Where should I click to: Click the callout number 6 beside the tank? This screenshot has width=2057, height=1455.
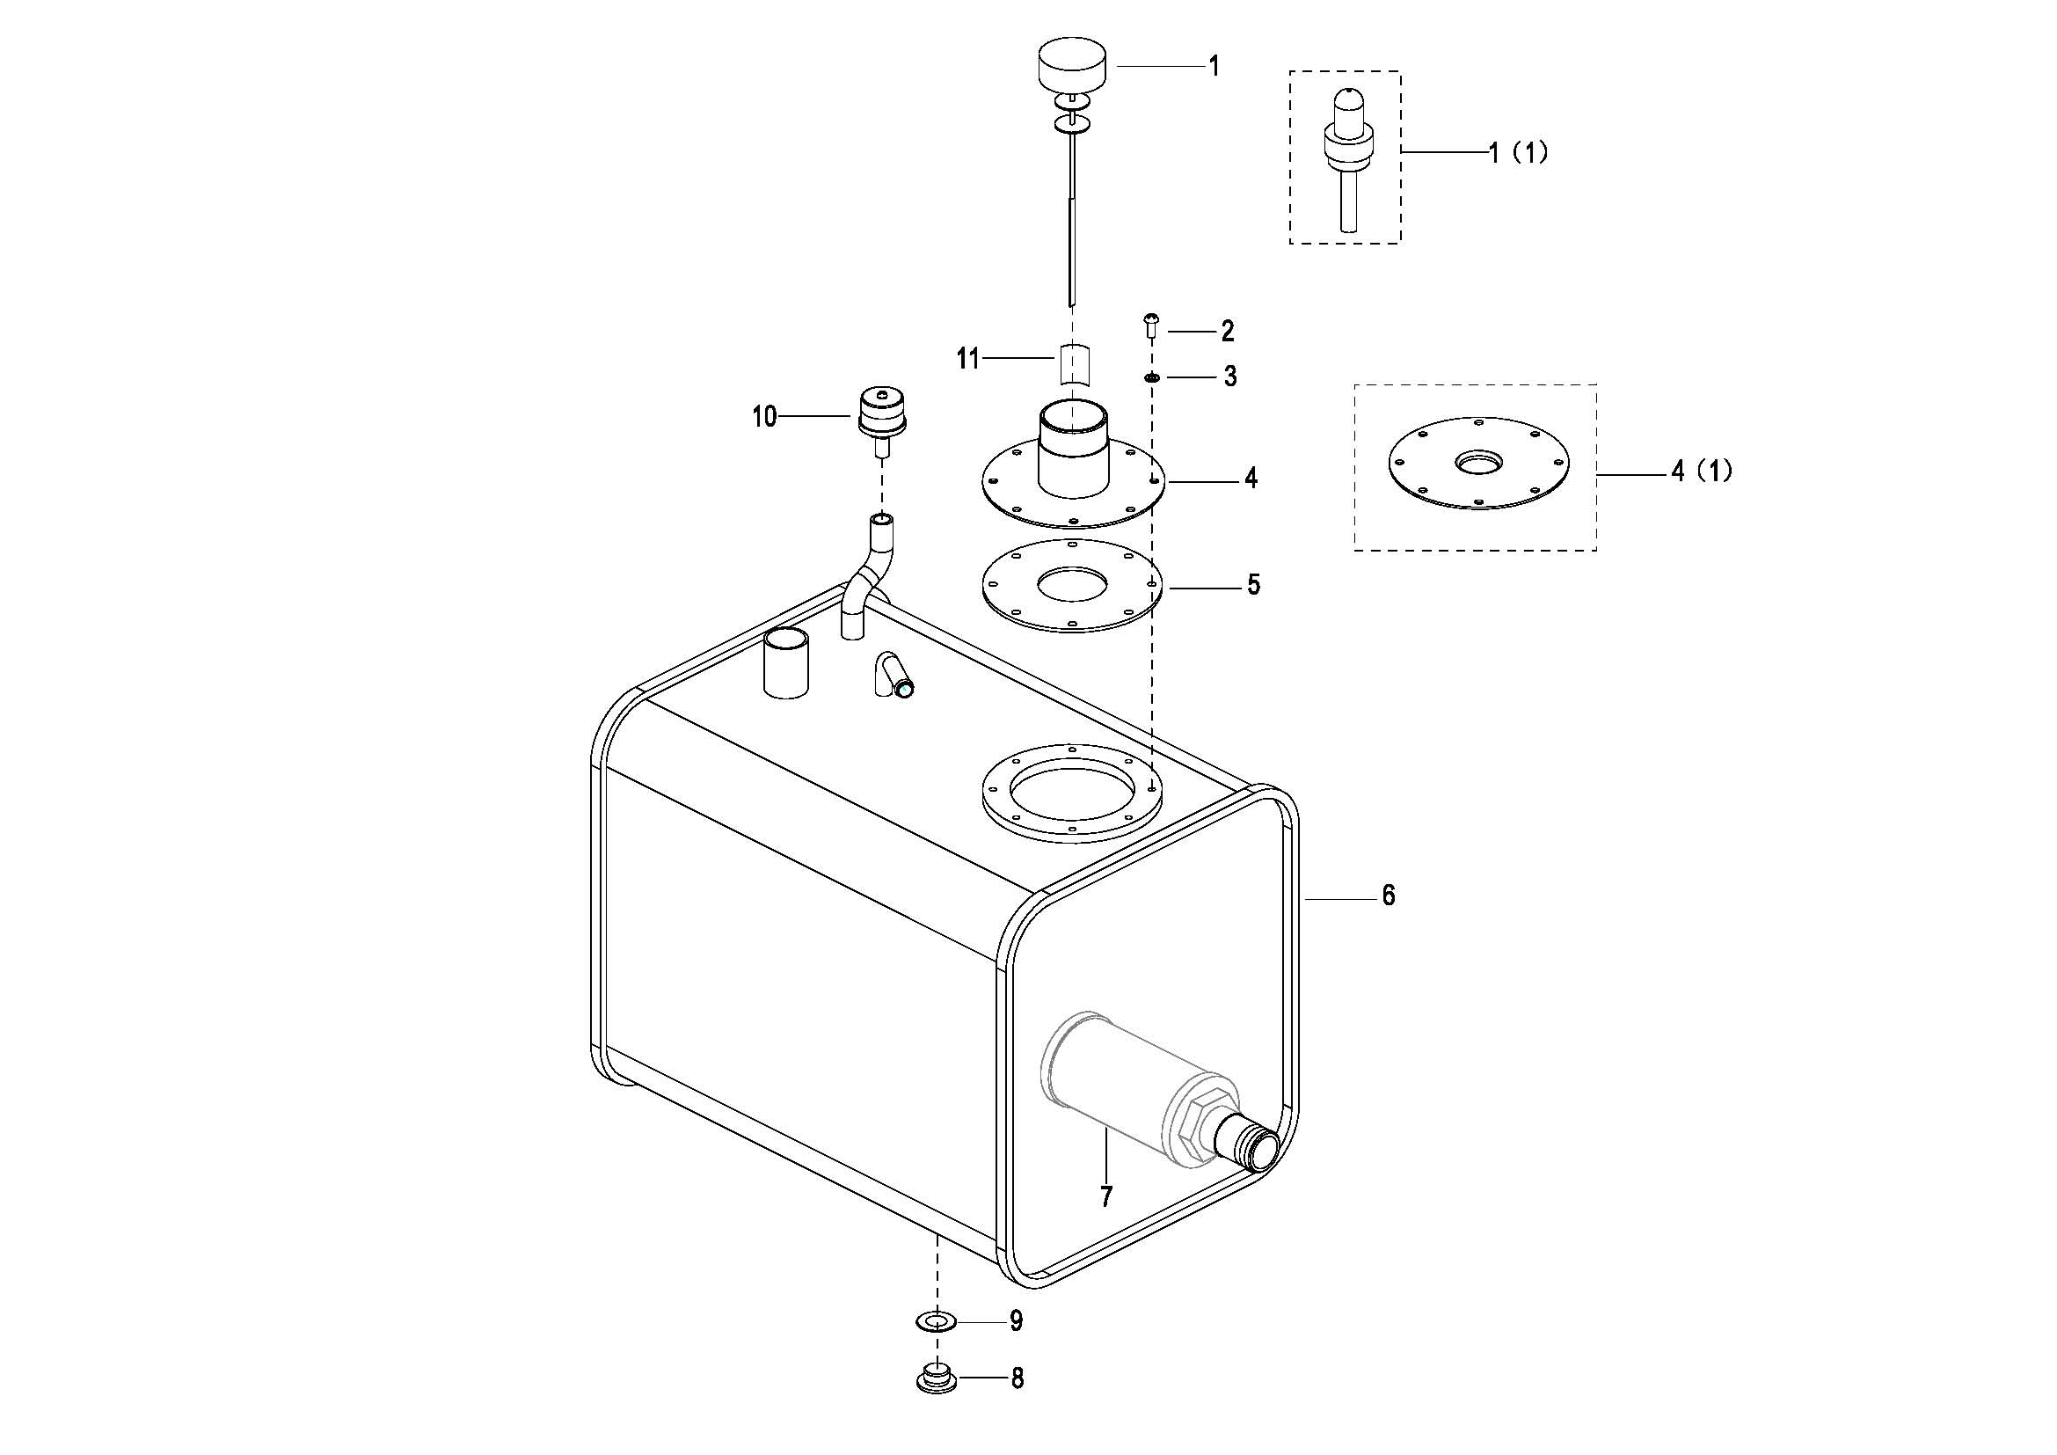click(1388, 895)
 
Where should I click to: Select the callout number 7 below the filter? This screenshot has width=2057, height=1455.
click(1106, 1196)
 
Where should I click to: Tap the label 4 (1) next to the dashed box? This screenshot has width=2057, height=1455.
click(1702, 471)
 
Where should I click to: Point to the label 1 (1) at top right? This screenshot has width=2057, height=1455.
click(1519, 152)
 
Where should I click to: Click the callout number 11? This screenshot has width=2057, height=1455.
click(967, 359)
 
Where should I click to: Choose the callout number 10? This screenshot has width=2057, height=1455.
click(764, 417)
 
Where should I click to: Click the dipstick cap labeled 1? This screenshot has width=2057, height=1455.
click(1070, 62)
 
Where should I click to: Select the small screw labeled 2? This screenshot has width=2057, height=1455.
click(1152, 324)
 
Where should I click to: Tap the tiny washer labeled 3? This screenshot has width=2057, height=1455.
click(1152, 378)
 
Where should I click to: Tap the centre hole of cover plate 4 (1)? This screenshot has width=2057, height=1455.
click(1479, 463)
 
